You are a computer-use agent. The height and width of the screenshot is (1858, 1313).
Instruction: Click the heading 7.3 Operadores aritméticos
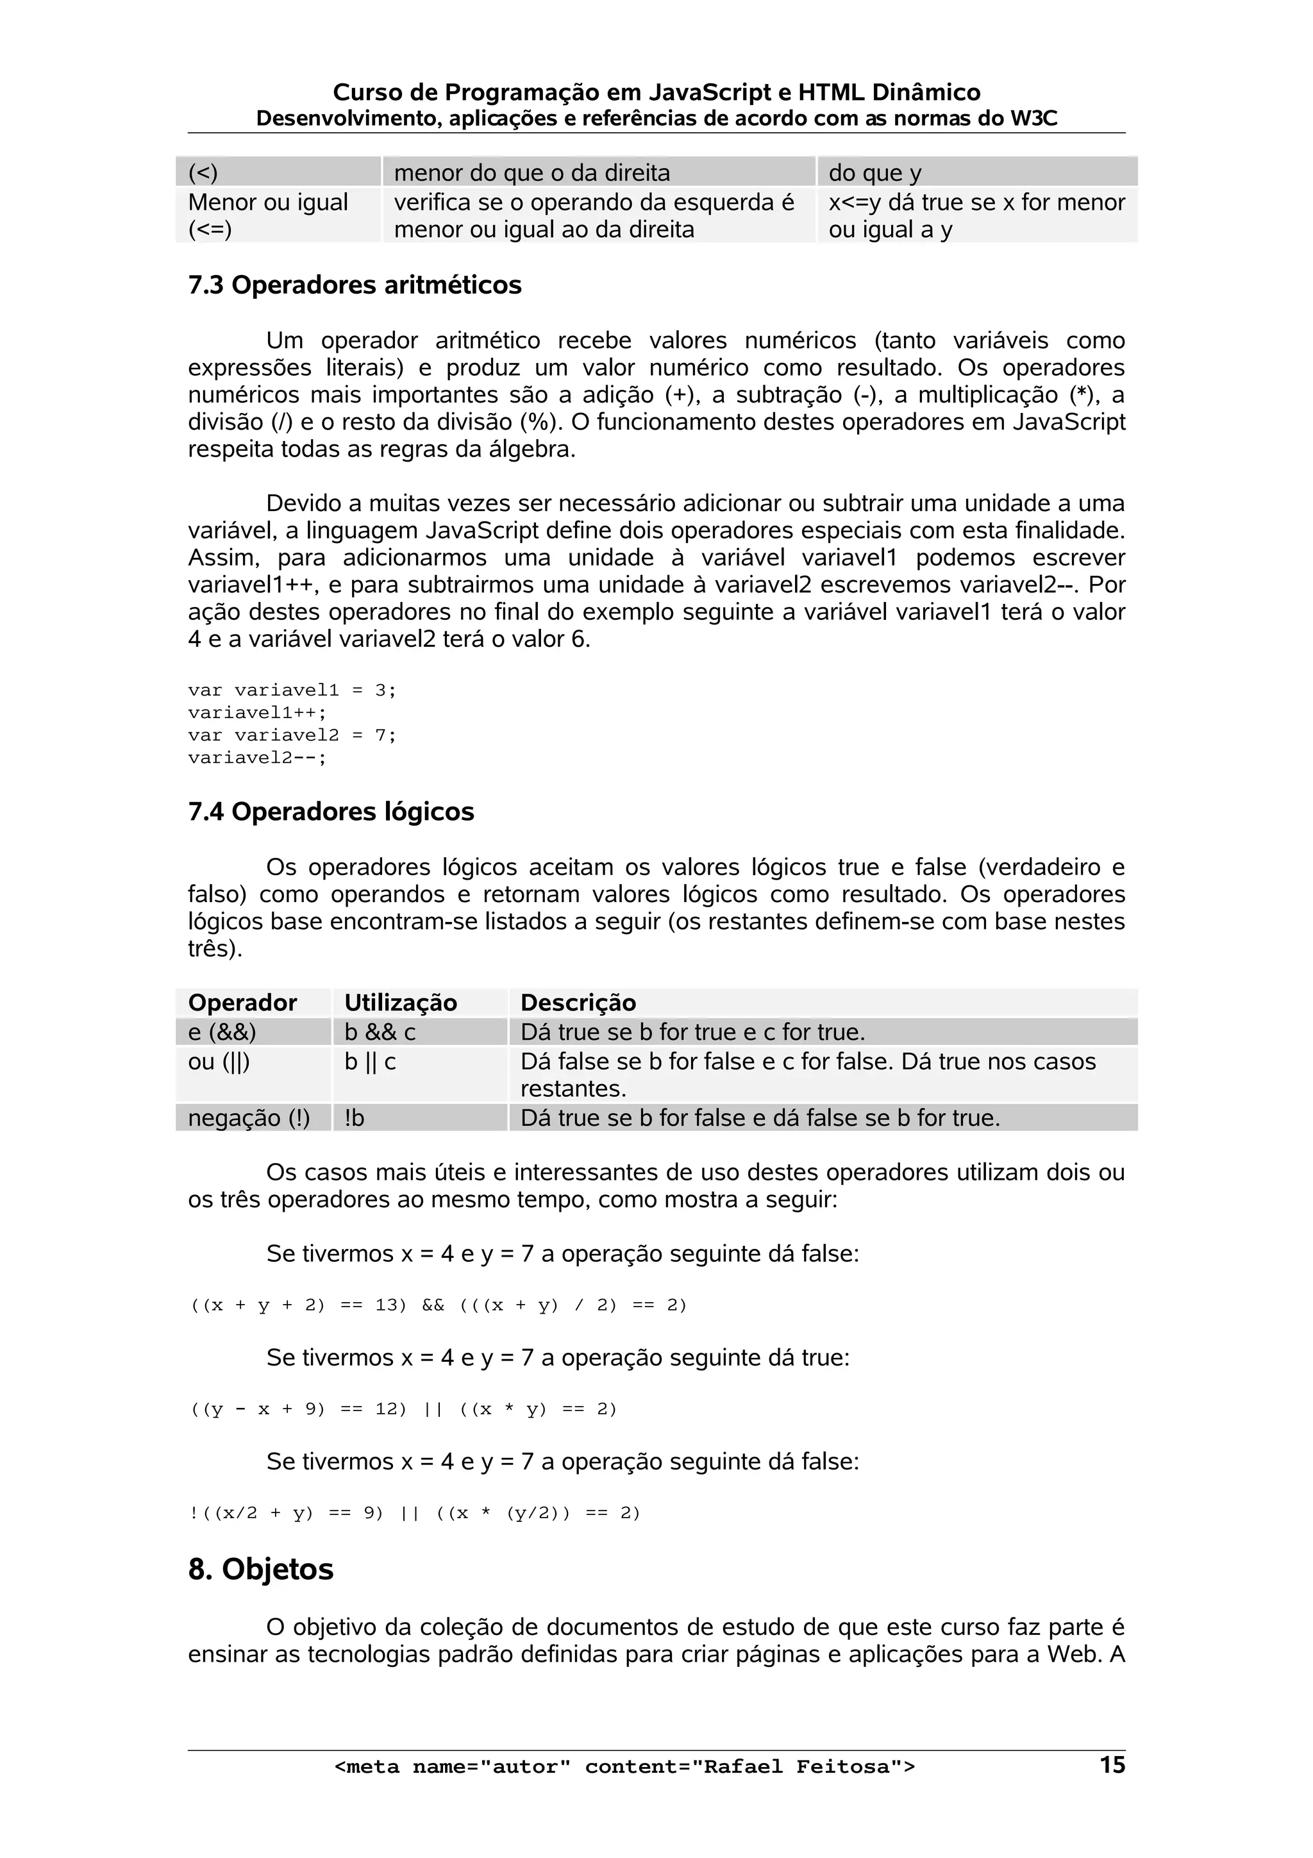[355, 286]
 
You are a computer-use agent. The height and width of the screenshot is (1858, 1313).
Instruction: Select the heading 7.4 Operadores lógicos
[331, 812]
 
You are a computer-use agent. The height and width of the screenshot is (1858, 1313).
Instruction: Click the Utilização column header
[401, 1003]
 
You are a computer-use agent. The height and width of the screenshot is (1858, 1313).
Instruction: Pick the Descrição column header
[578, 1003]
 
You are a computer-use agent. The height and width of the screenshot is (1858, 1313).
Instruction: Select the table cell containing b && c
[380, 1032]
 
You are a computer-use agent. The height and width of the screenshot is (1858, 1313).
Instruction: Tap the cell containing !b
[355, 1117]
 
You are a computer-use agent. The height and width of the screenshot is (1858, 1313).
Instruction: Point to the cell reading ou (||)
[219, 1061]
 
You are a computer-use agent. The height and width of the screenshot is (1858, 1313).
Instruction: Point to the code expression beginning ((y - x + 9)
[403, 1409]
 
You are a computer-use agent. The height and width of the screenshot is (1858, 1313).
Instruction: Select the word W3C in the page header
[1033, 119]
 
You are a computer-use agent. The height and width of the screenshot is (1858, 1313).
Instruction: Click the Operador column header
[243, 1003]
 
